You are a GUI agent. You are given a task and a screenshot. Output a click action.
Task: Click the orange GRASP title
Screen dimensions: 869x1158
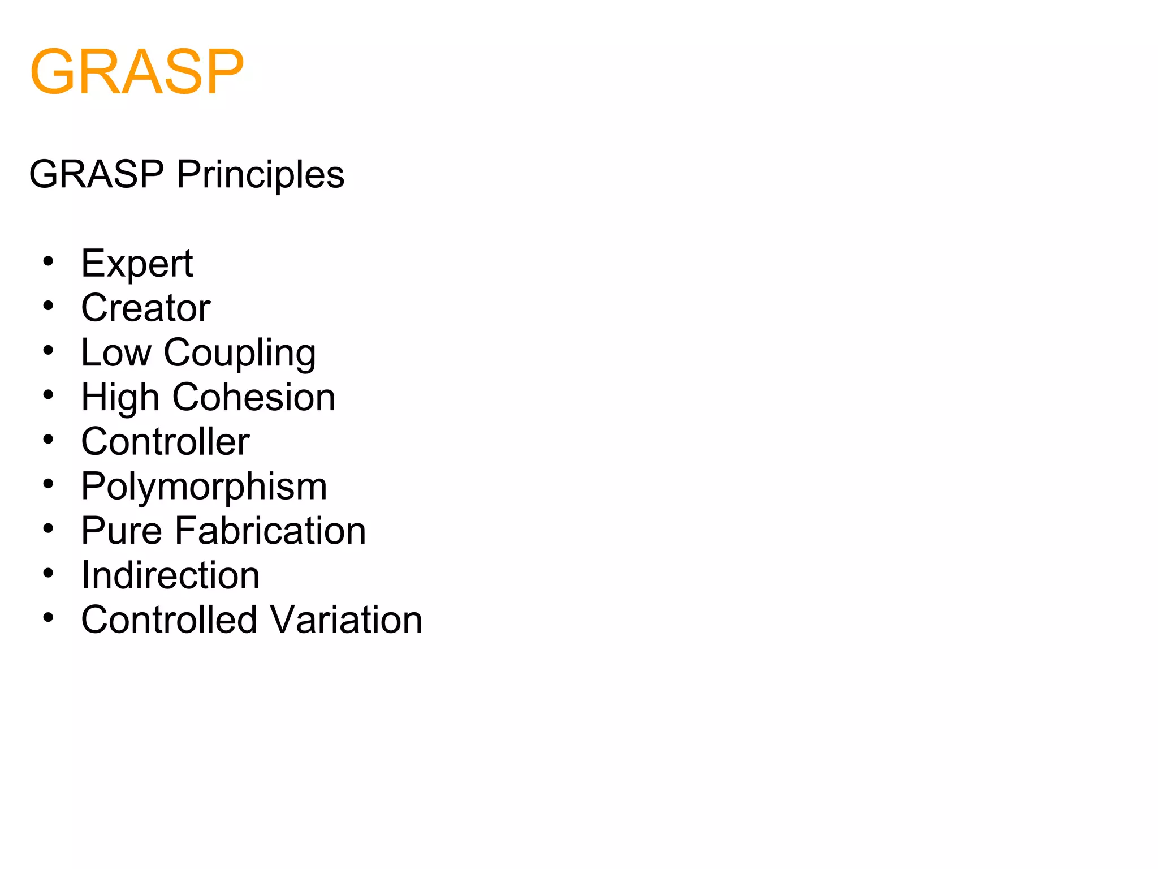point(137,72)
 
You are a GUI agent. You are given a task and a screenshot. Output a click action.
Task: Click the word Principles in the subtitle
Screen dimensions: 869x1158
point(260,174)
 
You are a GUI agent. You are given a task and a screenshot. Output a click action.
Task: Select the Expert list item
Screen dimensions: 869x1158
point(137,264)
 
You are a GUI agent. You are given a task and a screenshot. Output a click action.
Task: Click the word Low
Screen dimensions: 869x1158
point(116,352)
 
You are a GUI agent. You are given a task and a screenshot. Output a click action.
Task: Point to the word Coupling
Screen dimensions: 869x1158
point(240,354)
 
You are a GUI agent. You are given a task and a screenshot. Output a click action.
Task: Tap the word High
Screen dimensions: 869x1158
point(120,397)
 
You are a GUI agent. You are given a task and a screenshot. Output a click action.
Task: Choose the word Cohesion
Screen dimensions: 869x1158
point(254,397)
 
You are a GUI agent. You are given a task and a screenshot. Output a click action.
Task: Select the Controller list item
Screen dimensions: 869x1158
point(165,441)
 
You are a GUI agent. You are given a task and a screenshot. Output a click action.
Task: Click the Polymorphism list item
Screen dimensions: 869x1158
point(204,487)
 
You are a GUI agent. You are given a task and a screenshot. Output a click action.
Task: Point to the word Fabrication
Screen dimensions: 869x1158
point(270,531)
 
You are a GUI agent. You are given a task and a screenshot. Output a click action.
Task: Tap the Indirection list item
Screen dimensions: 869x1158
point(170,575)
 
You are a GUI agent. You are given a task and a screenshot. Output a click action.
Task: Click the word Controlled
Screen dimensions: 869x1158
point(169,620)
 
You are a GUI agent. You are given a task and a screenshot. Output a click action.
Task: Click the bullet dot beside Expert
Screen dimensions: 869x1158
point(49,261)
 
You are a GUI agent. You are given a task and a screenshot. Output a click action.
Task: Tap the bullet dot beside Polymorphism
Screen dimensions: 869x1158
point(49,484)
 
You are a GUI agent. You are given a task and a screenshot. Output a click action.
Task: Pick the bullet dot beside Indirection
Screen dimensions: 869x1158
point(49,573)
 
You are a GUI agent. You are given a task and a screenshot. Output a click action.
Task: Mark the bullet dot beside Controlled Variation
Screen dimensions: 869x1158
point(49,617)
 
